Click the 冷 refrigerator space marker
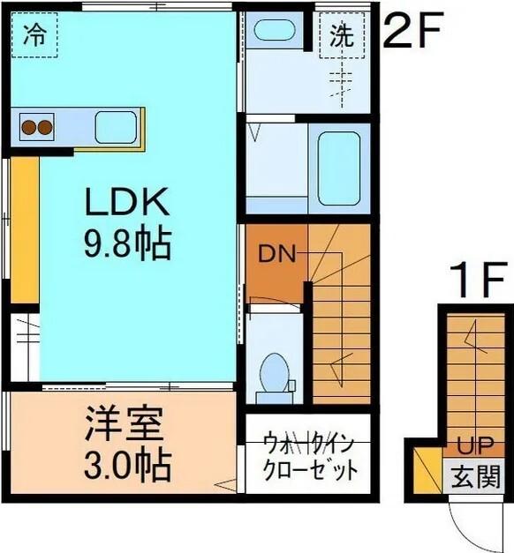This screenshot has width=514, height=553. [x=34, y=35]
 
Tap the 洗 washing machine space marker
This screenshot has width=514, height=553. [x=341, y=35]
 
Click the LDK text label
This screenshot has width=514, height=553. [x=126, y=204]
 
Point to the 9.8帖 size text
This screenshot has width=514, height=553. [x=126, y=244]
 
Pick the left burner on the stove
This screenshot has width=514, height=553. [x=28, y=128]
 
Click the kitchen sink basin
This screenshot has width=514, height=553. [x=116, y=127]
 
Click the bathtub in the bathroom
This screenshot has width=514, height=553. [x=338, y=167]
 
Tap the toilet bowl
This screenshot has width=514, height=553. [x=276, y=370]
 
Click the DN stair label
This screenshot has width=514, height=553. [x=275, y=254]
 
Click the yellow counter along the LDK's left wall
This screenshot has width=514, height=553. [x=24, y=229]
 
